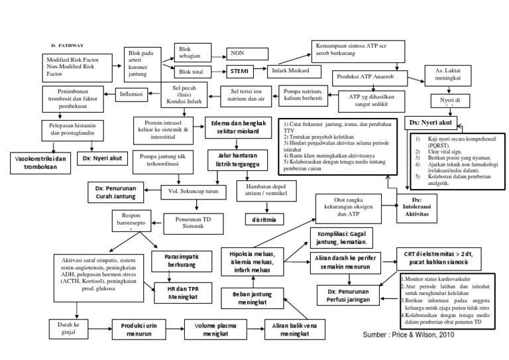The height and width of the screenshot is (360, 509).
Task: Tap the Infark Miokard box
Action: click(289, 70)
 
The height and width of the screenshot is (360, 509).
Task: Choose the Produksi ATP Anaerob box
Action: click(367, 76)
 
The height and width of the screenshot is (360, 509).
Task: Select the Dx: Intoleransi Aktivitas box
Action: click(418, 206)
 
